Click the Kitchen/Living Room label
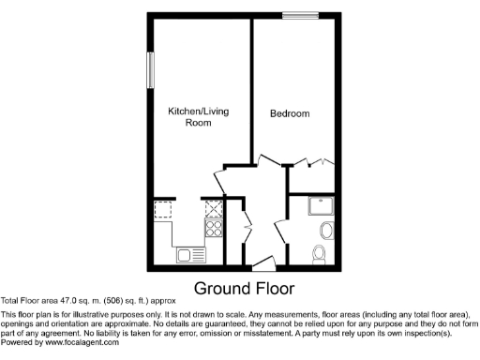click(x=198, y=116)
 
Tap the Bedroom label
click(x=290, y=114)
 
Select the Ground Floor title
click(x=244, y=288)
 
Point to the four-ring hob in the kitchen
click(x=214, y=227)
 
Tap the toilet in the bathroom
click(x=319, y=252)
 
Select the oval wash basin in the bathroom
click(x=326, y=230)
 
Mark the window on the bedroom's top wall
click(x=301, y=13)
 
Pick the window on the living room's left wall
click(x=149, y=70)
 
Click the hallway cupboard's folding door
click(x=247, y=227)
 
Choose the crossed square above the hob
click(x=214, y=207)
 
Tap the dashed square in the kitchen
click(x=165, y=209)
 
